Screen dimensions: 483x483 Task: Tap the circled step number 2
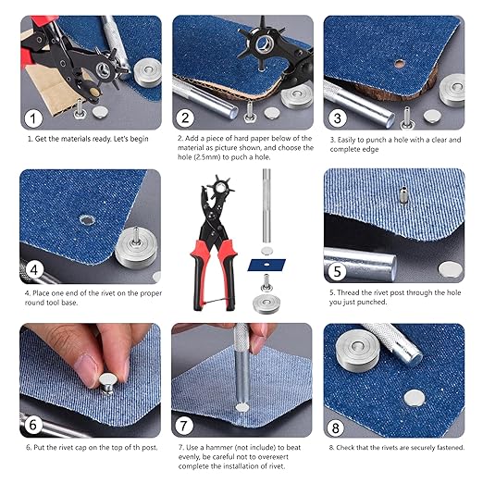(x=185, y=118)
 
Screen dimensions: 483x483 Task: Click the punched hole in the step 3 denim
(x=399, y=64)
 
